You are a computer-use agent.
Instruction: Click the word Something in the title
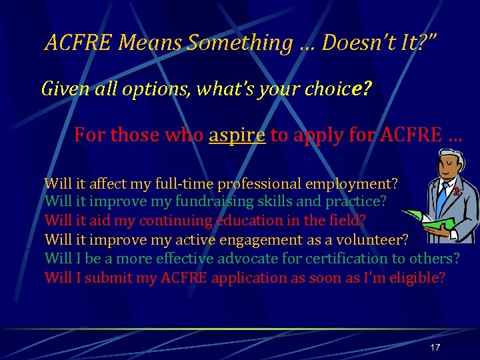(239, 43)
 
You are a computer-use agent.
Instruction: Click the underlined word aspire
(237, 135)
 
